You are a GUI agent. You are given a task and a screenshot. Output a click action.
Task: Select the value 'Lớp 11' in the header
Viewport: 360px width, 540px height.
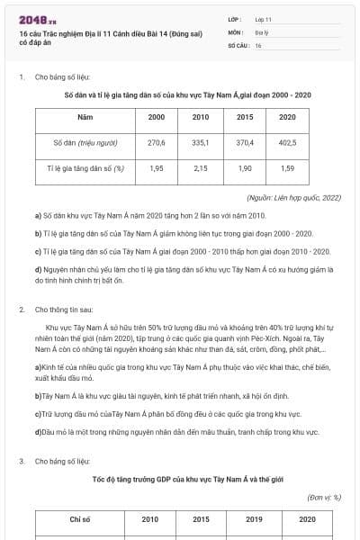[264, 18]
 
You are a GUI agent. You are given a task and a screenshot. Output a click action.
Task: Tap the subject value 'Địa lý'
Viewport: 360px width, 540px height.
[261, 31]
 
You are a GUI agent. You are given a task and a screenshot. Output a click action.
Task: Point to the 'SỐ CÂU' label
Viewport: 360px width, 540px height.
[238, 44]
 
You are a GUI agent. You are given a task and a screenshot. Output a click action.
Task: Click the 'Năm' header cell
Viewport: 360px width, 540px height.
[85, 117]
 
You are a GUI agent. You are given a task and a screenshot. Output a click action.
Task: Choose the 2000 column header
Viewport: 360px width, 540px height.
[157, 117]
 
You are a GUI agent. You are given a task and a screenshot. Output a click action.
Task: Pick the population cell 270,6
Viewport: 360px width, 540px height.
[157, 142]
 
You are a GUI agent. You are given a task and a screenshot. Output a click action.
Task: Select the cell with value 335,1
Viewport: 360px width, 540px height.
[201, 142]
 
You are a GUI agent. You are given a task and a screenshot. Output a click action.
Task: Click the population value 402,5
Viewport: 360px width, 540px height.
[287, 142]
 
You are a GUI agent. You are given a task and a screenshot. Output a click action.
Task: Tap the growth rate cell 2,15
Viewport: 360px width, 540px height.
[201, 167]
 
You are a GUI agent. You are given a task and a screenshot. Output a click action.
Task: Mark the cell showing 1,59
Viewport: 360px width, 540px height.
[287, 167]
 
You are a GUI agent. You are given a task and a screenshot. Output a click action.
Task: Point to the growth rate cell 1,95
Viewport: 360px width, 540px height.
[157, 167]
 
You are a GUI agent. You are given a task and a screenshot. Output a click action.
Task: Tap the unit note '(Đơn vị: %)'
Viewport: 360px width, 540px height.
[324, 496]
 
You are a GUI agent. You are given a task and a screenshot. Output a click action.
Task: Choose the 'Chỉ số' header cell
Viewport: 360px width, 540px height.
[80, 519]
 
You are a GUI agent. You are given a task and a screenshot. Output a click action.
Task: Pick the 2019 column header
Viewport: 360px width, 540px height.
[255, 519]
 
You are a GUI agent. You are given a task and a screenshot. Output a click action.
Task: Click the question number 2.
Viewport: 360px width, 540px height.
[21, 310]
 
